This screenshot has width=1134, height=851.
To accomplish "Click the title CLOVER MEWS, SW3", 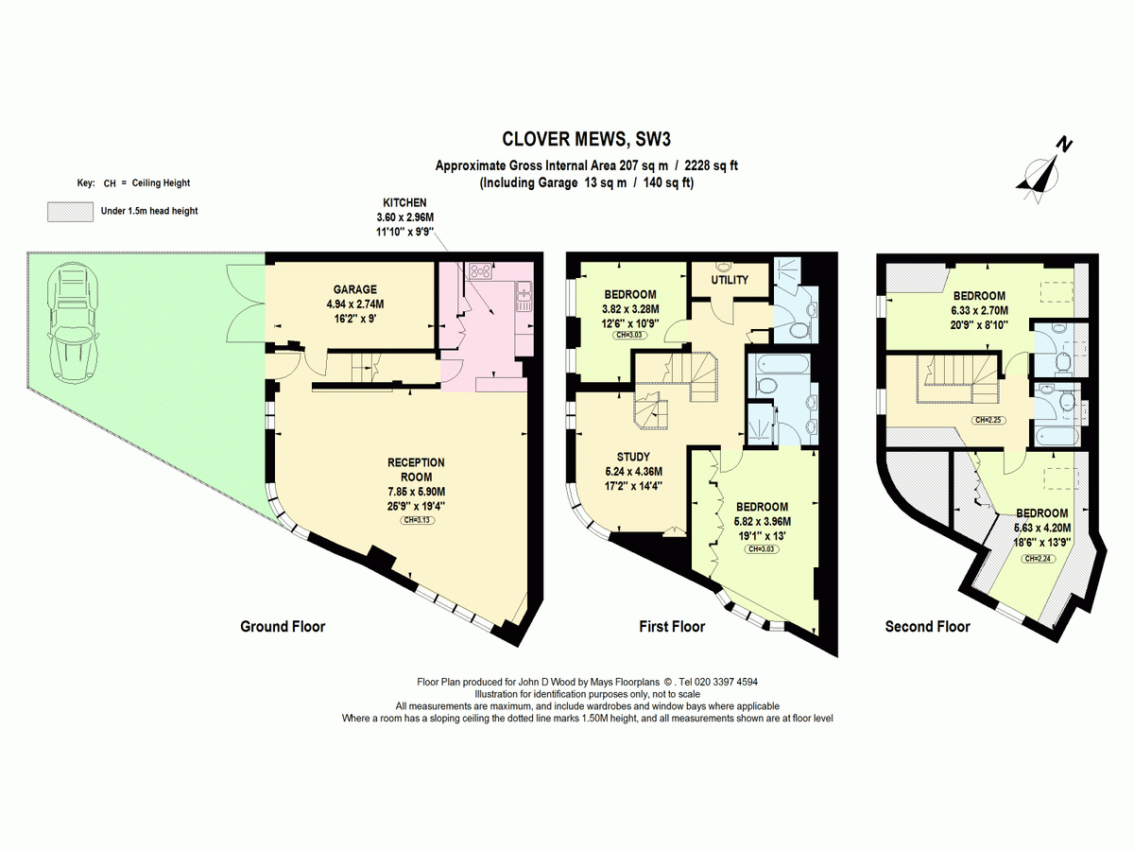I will point(586,139).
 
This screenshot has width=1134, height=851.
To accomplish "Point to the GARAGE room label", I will point(355,289).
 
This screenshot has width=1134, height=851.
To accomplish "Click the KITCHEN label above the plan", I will point(405,202).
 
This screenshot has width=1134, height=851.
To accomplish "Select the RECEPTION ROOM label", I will point(416,469).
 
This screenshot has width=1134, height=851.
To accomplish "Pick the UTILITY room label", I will point(730,280).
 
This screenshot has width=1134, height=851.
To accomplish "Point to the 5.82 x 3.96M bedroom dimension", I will point(763,521).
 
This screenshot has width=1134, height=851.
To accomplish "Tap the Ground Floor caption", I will point(283,626).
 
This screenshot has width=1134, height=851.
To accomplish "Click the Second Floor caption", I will point(927,626).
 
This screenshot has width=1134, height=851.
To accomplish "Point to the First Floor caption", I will point(672,626).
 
